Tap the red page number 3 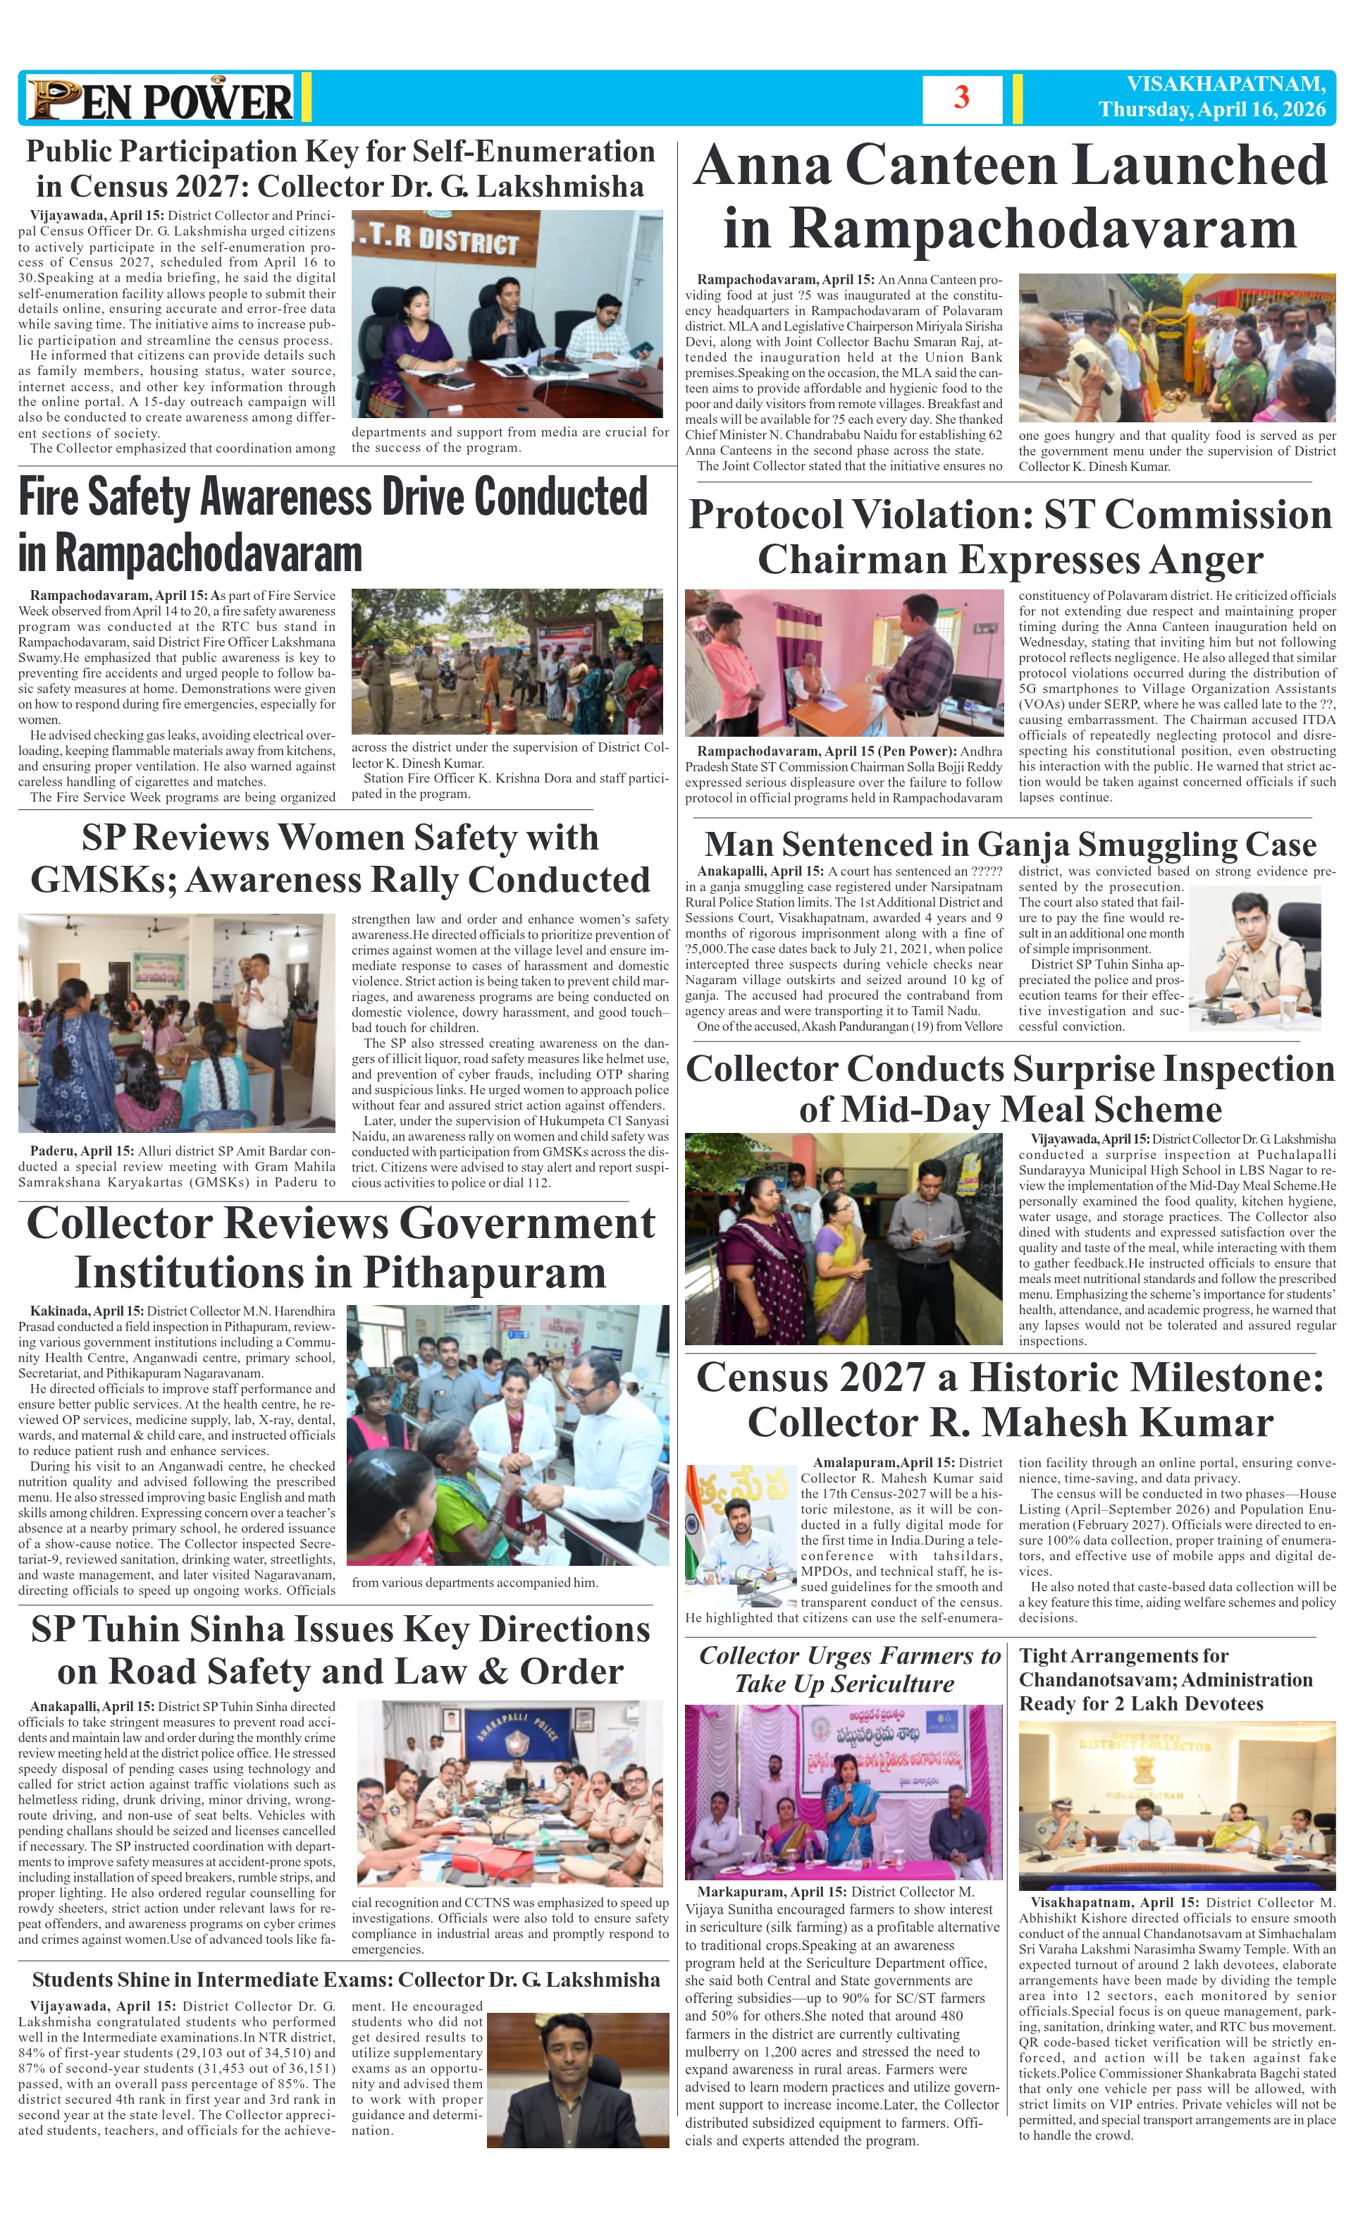point(961,97)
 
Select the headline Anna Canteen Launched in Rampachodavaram point(1010,196)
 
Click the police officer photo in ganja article point(1254,959)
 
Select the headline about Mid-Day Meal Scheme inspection point(1010,1089)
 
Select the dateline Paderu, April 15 point(82,1151)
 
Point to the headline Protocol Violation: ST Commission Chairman point(1010,537)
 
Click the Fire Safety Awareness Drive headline point(333,524)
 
